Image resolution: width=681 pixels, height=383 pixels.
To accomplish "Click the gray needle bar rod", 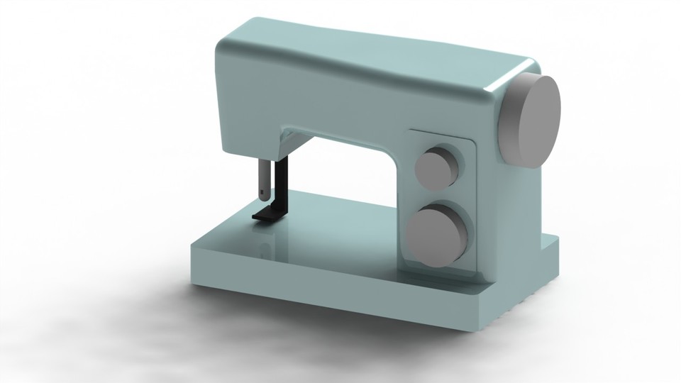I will click(263, 177).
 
